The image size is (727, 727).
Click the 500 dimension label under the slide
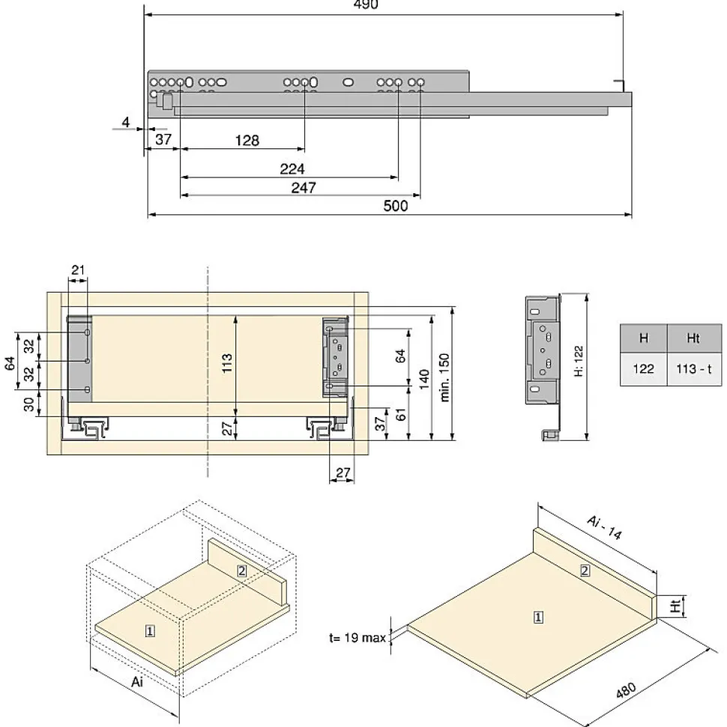[396, 205]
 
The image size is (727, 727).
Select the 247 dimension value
[304, 187]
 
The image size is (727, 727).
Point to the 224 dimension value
[292, 168]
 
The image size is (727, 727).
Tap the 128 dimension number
[247, 140]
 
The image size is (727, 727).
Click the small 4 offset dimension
[125, 122]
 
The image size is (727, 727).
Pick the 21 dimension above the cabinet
[78, 270]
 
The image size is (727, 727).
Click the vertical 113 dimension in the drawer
[226, 363]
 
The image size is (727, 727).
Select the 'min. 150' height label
[444, 377]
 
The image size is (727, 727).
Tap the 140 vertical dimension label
[424, 380]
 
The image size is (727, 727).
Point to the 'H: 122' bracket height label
[579, 361]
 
